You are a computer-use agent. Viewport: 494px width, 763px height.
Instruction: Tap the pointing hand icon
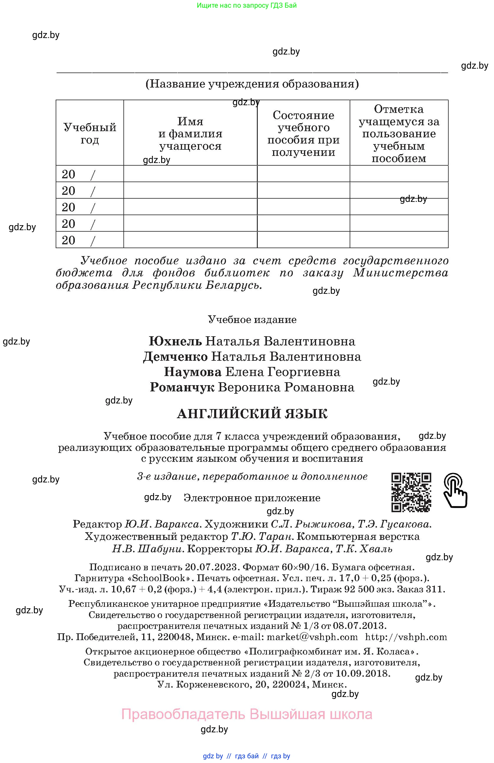pyautogui.click(x=455, y=490)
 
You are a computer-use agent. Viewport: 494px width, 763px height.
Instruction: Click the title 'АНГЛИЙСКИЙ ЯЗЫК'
pyautogui.click(x=252, y=414)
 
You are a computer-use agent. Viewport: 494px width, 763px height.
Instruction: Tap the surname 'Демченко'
pyautogui.click(x=175, y=357)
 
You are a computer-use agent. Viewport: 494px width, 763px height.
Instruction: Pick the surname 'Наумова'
pyautogui.click(x=193, y=372)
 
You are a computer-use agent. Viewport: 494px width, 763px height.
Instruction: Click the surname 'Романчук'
pyautogui.click(x=182, y=388)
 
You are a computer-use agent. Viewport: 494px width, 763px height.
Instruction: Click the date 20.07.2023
pyautogui.click(x=212, y=567)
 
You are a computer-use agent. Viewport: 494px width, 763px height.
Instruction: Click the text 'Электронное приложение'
pyautogui.click(x=252, y=498)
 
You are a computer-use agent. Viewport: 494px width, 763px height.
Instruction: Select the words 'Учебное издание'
pyautogui.click(x=252, y=320)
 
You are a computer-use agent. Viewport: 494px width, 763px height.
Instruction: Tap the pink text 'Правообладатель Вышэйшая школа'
pyautogui.click(x=247, y=714)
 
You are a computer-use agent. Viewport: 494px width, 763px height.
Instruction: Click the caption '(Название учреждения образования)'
pyautogui.click(x=252, y=84)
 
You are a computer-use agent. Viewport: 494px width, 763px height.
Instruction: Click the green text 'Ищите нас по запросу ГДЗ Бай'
pyautogui.click(x=247, y=5)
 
